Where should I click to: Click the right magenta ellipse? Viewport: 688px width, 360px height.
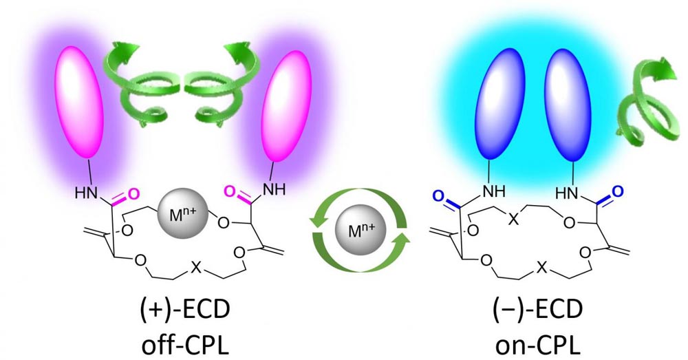286,106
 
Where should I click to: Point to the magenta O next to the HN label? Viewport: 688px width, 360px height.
133,193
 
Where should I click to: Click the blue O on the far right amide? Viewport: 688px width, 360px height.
617,192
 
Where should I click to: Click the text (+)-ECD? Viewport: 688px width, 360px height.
184,309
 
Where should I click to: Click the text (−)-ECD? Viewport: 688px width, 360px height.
538,309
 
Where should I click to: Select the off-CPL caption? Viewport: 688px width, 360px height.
184,343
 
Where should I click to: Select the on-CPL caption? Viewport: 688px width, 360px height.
538,343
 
